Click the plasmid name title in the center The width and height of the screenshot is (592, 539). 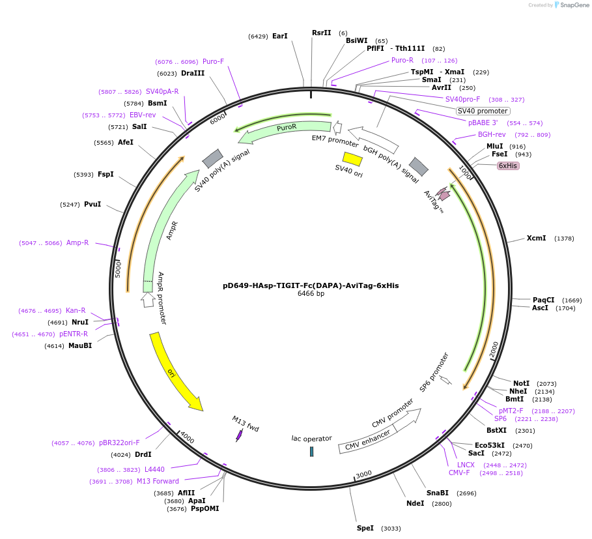pyautogui.click(x=311, y=285)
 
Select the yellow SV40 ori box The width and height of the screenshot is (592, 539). pyautogui.click(x=352, y=158)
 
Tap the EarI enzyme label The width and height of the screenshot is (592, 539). pyautogui.click(x=279, y=36)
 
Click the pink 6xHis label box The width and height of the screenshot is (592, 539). pyautogui.click(x=508, y=166)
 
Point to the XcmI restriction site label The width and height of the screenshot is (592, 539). pyautogui.click(x=536, y=239)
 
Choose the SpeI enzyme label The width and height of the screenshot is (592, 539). pyautogui.click(x=365, y=528)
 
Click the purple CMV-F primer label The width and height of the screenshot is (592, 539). pyautogui.click(x=459, y=473)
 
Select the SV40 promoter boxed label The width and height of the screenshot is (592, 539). pyautogui.click(x=483, y=111)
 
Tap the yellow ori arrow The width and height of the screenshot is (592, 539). pyautogui.click(x=175, y=371)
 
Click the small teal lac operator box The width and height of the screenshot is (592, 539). pyautogui.click(x=311, y=452)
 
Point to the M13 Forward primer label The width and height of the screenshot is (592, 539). pyautogui.click(x=158, y=481)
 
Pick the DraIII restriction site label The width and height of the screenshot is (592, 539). pyautogui.click(x=193, y=73)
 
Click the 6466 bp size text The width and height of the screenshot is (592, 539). pyautogui.click(x=311, y=294)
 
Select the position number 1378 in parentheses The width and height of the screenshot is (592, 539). pyautogui.click(x=564, y=239)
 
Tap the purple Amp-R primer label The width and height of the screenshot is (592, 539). pyautogui.click(x=78, y=242)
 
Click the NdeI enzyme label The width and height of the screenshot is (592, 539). pyautogui.click(x=415, y=503)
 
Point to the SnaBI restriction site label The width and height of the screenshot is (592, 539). pyautogui.click(x=438, y=493)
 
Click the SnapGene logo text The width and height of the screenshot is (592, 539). pyautogui.click(x=573, y=5)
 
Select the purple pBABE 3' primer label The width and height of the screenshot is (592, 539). pyautogui.click(x=483, y=123)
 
